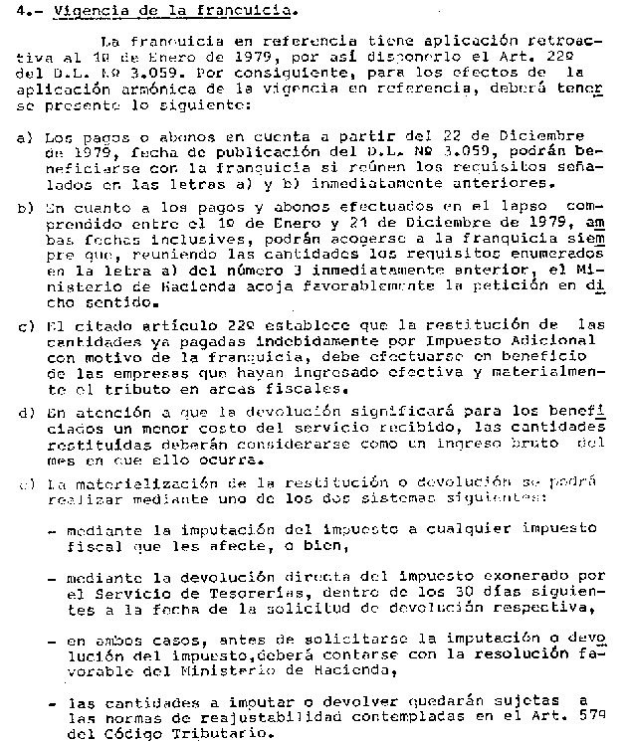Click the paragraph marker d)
coord(24,412)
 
